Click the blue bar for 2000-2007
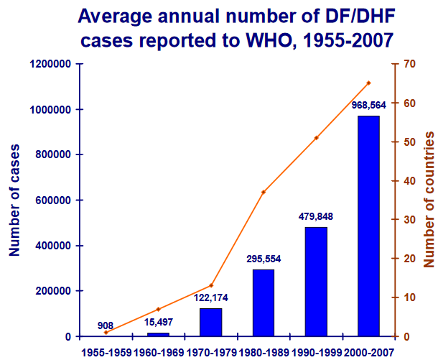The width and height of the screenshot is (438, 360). tap(368, 226)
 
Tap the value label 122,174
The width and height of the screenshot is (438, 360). tap(211, 297)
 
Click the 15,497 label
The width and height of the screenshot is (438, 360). tap(159, 321)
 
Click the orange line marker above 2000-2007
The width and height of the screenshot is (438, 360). tap(368, 83)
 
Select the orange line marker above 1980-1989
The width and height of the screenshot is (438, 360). tap(264, 192)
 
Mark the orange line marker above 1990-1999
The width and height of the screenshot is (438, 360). tap(316, 137)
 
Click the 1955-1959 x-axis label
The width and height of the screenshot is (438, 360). tap(106, 352)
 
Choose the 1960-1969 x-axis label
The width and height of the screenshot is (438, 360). tap(159, 352)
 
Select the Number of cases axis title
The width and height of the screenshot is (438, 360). tap(14, 200)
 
